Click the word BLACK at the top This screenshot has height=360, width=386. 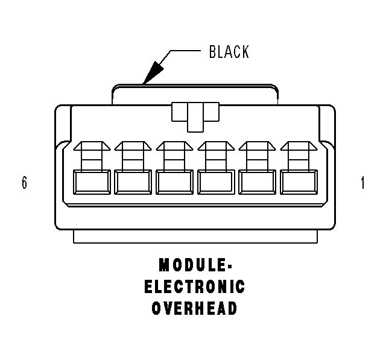tap(229, 52)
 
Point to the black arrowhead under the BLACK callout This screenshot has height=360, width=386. tap(153, 72)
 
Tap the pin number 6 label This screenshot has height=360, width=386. tap(24, 183)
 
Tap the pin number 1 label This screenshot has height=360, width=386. tap(362, 183)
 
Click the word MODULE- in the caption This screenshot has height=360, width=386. tap(195, 265)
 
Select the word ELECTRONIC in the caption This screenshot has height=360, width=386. tap(194, 286)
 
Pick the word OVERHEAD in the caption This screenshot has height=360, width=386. tap(194, 308)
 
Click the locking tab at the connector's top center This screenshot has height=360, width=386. tap(195, 117)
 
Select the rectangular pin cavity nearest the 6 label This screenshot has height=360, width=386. tap(92, 182)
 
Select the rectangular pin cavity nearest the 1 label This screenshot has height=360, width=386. tap(299, 182)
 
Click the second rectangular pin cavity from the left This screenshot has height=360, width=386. tap(133, 182)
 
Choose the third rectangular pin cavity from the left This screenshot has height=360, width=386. tap(174, 182)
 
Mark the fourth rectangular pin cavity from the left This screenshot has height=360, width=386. tap(216, 182)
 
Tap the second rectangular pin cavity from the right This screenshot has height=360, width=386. tap(258, 182)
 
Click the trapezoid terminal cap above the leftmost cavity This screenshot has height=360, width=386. tap(92, 146)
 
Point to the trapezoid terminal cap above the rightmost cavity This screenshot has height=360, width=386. tap(299, 146)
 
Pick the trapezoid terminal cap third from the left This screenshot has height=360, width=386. tap(174, 146)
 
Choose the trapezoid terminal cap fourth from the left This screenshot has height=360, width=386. tap(216, 146)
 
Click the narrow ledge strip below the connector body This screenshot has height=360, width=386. tap(195, 237)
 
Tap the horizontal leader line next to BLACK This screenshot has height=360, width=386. tap(185, 51)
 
